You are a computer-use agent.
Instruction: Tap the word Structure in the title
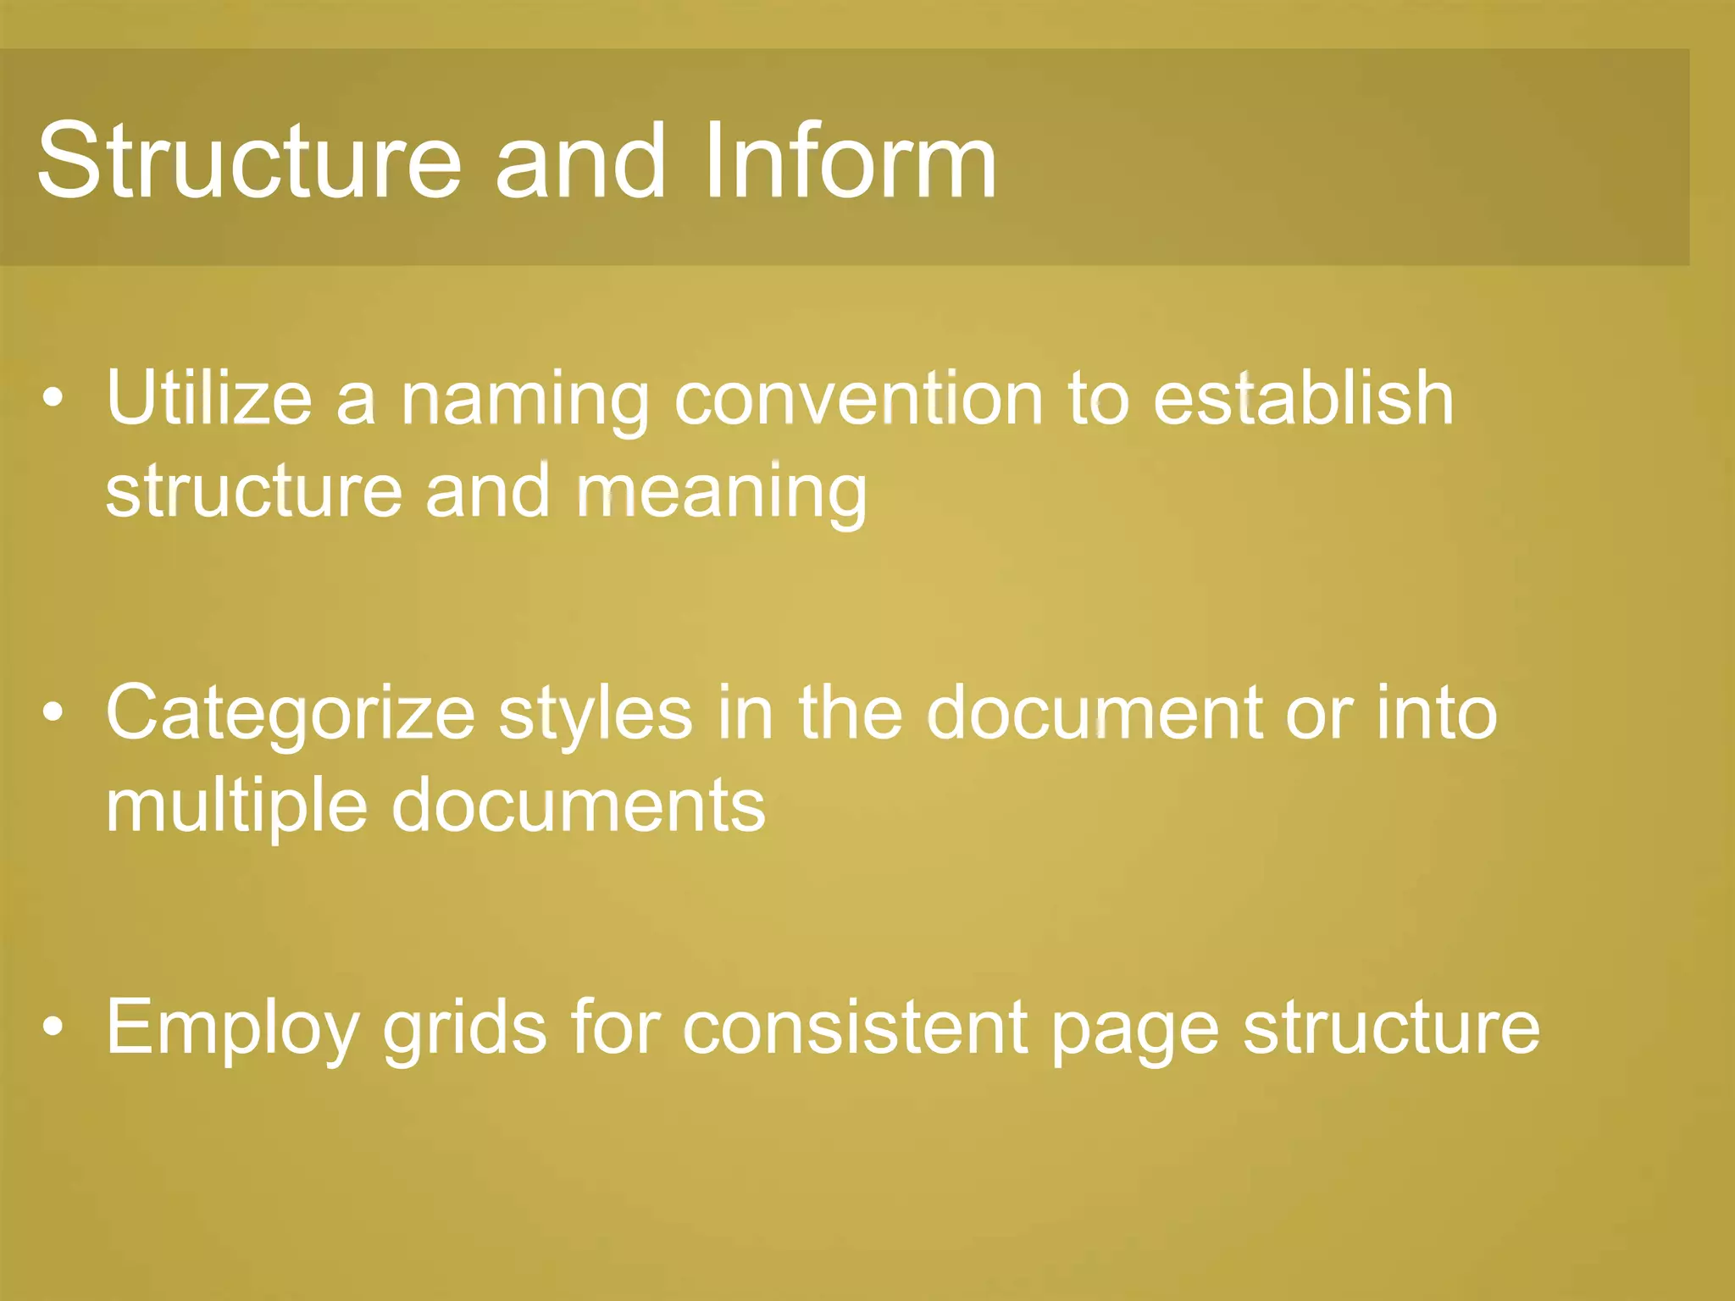click(x=249, y=161)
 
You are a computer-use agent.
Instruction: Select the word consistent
click(x=855, y=1027)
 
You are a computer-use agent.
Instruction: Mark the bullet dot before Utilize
click(x=53, y=398)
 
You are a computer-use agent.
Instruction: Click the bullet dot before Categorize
click(x=53, y=713)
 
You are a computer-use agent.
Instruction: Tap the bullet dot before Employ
click(x=53, y=1027)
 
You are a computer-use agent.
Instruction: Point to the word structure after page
click(x=1391, y=1028)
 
